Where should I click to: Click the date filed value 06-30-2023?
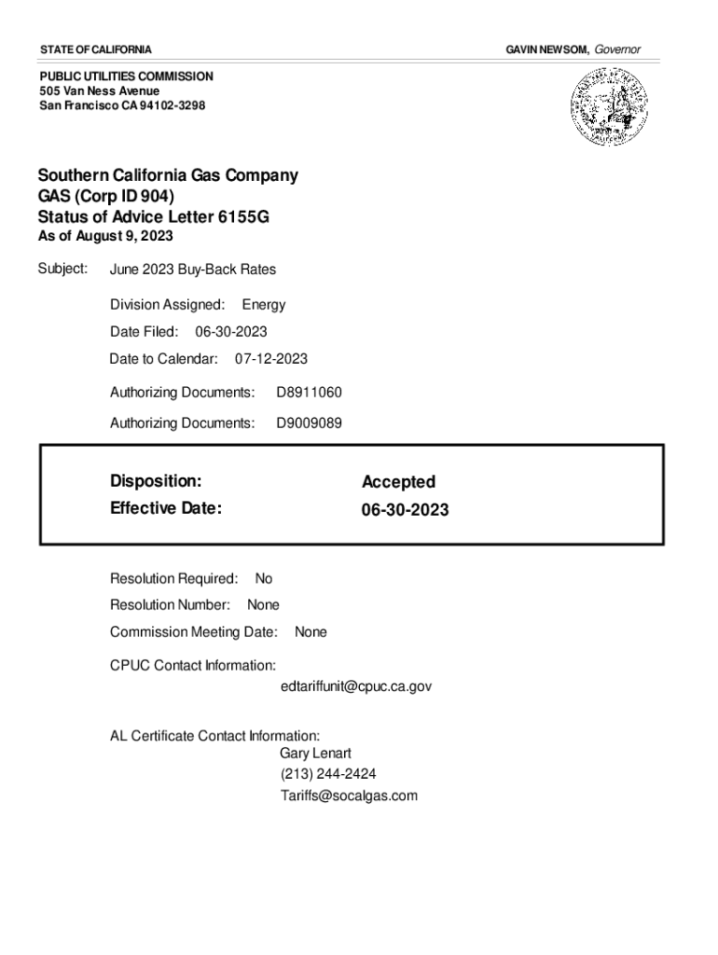pyautogui.click(x=231, y=332)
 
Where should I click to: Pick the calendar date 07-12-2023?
pyautogui.click(x=271, y=359)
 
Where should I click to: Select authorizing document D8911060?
pyautogui.click(x=309, y=394)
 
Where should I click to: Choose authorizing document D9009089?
pyautogui.click(x=309, y=423)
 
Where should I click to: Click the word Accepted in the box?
pyautogui.click(x=398, y=482)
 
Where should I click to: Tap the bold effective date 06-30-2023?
pyautogui.click(x=405, y=510)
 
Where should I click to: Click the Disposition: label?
pyautogui.click(x=156, y=481)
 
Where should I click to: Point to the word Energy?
pyautogui.click(x=264, y=305)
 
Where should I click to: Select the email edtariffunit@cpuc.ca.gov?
pyautogui.click(x=355, y=686)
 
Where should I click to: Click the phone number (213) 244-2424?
pyautogui.click(x=328, y=775)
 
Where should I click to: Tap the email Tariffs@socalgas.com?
pyautogui.click(x=349, y=796)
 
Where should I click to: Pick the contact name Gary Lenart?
pyautogui.click(x=315, y=754)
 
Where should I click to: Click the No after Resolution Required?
pyautogui.click(x=264, y=579)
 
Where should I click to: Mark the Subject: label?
pyautogui.click(x=62, y=269)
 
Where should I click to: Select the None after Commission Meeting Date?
pyautogui.click(x=311, y=632)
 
